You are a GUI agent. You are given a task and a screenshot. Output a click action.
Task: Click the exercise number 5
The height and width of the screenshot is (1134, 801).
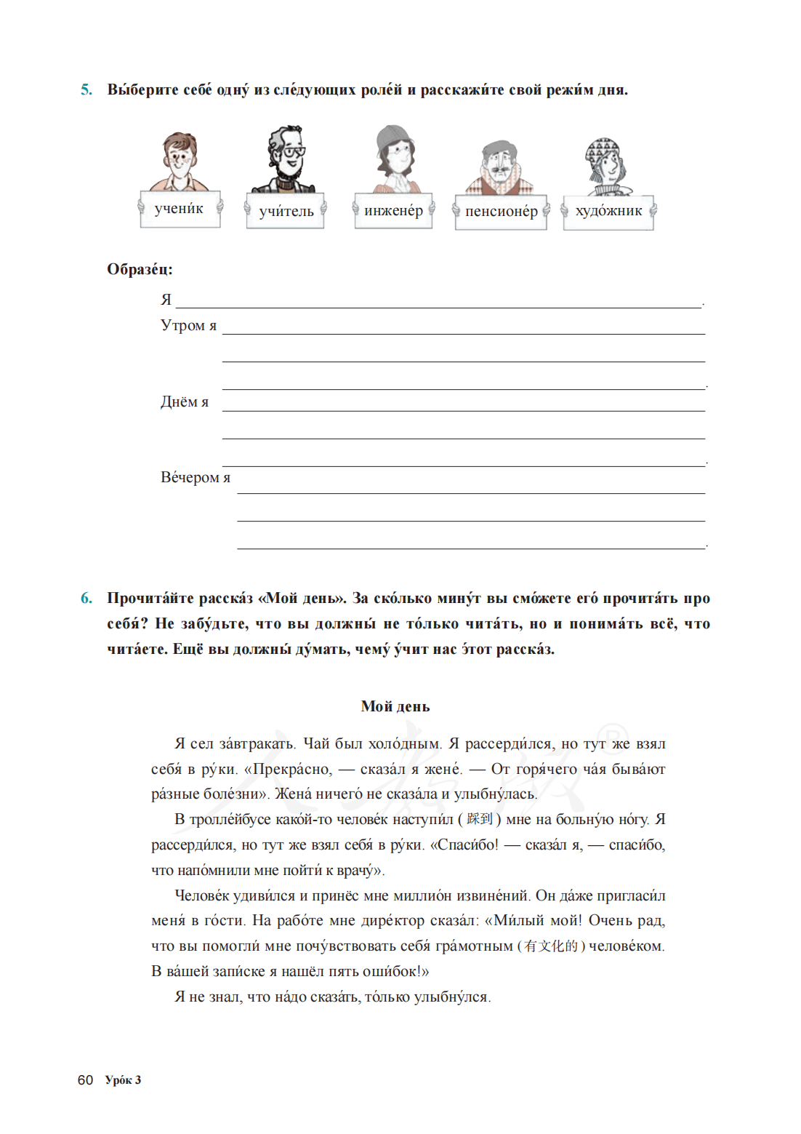tap(86, 89)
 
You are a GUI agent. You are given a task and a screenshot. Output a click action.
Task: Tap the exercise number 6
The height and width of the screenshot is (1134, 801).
tap(86, 598)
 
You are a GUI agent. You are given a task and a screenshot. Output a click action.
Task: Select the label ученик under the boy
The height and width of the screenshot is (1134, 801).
tap(179, 209)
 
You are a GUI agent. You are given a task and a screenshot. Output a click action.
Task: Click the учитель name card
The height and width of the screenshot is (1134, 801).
tap(286, 212)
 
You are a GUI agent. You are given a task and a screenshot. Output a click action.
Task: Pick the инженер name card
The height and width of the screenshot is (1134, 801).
tap(393, 211)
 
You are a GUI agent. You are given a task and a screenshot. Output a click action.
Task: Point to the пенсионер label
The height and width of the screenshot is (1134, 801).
tap(501, 212)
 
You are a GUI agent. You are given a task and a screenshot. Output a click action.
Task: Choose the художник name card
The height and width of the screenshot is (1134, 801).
tap(608, 212)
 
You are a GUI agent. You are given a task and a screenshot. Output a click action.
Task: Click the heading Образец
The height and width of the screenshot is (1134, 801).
tap(140, 269)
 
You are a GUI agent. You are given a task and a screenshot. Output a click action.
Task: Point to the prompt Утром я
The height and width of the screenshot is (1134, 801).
tap(188, 326)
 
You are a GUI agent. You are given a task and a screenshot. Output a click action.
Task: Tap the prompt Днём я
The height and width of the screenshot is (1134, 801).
tap(184, 402)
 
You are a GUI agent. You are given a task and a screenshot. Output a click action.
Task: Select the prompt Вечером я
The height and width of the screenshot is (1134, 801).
tap(195, 478)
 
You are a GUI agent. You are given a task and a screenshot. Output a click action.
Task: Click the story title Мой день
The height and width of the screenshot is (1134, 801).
tap(395, 706)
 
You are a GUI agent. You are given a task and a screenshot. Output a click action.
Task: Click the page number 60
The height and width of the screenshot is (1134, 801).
tap(85, 1080)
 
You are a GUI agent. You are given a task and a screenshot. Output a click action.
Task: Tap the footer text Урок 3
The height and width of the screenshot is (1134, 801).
tap(123, 1080)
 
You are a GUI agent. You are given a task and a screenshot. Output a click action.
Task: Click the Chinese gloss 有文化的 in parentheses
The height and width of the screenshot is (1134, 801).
tap(551, 946)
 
